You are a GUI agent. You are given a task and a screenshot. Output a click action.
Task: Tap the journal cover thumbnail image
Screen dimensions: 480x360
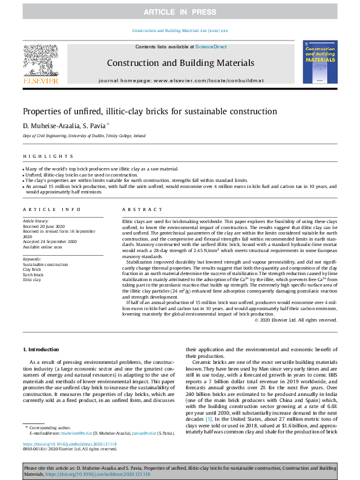(x=319, y=62)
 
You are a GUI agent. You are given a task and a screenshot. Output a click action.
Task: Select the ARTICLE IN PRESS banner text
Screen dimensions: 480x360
(x=180, y=12)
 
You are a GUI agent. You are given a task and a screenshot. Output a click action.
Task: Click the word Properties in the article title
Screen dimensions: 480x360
(x=41, y=111)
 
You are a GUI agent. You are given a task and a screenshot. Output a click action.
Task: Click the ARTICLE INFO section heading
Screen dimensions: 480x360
(x=52, y=209)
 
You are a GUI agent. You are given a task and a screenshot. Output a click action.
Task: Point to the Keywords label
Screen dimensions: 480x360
(x=33, y=259)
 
